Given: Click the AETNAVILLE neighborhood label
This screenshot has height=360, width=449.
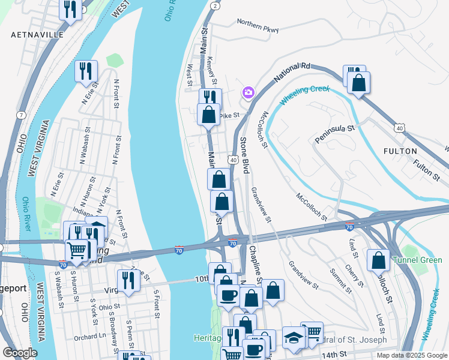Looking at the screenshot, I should (37, 35).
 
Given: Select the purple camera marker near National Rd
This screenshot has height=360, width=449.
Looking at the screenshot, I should (248, 92).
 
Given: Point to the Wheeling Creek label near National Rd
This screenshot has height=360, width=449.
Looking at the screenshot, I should (305, 94).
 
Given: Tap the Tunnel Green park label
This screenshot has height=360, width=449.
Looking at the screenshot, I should (417, 260).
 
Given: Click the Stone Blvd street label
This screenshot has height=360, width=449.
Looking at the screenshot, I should (244, 155).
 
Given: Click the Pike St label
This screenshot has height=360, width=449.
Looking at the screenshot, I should (229, 115).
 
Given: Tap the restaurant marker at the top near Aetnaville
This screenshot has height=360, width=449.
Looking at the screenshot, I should (71, 9).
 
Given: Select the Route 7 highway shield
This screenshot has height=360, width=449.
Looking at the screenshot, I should (22, 115).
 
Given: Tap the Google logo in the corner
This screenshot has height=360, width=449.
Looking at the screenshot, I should (19, 353).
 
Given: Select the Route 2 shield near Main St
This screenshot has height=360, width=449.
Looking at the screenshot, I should (214, 5).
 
